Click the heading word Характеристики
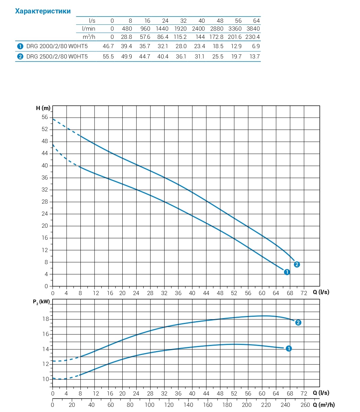point(43,11)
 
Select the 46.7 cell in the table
point(108,46)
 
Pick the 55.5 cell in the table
point(108,56)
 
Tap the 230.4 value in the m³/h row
point(253,37)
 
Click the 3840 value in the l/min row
point(253,29)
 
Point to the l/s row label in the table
point(92,21)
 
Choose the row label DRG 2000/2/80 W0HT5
point(57,46)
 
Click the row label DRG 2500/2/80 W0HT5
point(57,56)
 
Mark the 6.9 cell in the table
point(256,46)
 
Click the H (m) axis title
point(43,108)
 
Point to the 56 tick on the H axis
point(45,117)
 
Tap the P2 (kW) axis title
point(42,302)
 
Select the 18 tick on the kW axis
point(45,319)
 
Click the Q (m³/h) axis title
point(324,405)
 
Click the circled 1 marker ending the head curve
point(287,272)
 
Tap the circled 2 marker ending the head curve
point(297,264)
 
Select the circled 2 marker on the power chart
point(298,323)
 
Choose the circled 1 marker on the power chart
point(289,349)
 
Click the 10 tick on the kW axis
point(45,379)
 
